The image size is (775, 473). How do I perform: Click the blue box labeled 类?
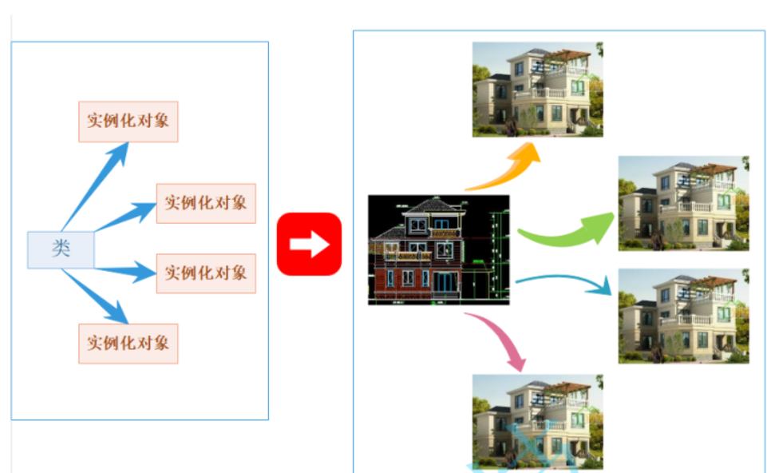point(61,249)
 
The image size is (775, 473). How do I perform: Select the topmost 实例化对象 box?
point(128,121)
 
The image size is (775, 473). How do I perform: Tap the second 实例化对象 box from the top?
point(206,202)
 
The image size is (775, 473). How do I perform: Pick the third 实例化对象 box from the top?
point(206,272)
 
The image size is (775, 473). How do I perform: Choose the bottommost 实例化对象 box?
point(128,344)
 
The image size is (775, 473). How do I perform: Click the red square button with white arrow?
point(309,244)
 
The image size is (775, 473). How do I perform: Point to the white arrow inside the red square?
point(310,244)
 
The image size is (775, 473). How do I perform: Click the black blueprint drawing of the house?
point(438,249)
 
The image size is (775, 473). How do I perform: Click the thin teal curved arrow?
point(567,281)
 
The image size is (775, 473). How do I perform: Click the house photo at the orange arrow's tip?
point(537,89)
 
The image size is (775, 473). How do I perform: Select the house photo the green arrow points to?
point(683,203)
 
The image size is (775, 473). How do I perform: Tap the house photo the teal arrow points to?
point(683,316)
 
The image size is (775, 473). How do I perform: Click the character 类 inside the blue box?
point(61,249)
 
